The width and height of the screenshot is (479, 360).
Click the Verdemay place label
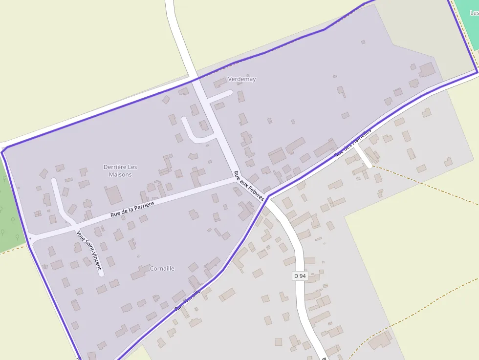[x=241, y=79]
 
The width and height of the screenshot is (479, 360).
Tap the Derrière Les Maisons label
[x=120, y=170]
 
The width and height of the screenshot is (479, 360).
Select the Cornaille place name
[x=162, y=269]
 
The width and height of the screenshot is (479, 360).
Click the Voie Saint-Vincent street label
[x=89, y=250]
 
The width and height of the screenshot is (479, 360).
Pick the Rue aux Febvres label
[x=249, y=186]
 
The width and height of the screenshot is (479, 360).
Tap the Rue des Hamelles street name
[x=353, y=143]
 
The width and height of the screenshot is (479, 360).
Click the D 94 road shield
[x=300, y=276]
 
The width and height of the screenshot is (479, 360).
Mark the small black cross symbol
[x=30, y=238]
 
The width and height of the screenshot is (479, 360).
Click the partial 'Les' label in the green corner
[x=474, y=13]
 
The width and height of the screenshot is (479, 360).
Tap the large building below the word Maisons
[x=114, y=195]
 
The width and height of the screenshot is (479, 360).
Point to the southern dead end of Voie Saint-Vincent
[x=101, y=274]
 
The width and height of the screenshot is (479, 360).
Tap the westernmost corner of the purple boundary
[x=2, y=152]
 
